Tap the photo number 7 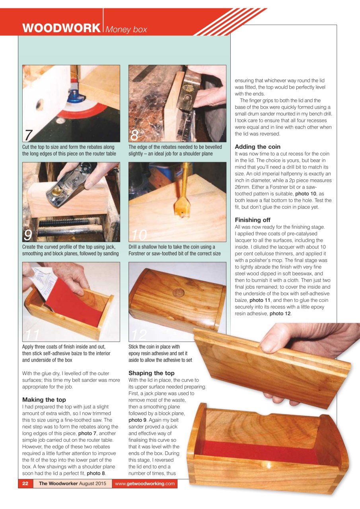coord(28,135)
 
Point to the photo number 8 coord(134,136)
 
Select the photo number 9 coord(28,235)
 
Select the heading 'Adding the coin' coord(257,147)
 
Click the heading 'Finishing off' coord(253,220)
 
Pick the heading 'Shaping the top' coord(151,373)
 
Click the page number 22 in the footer coord(25,484)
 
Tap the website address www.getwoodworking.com coord(145,484)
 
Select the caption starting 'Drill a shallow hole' coord(174,250)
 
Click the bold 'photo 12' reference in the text coord(280,314)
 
